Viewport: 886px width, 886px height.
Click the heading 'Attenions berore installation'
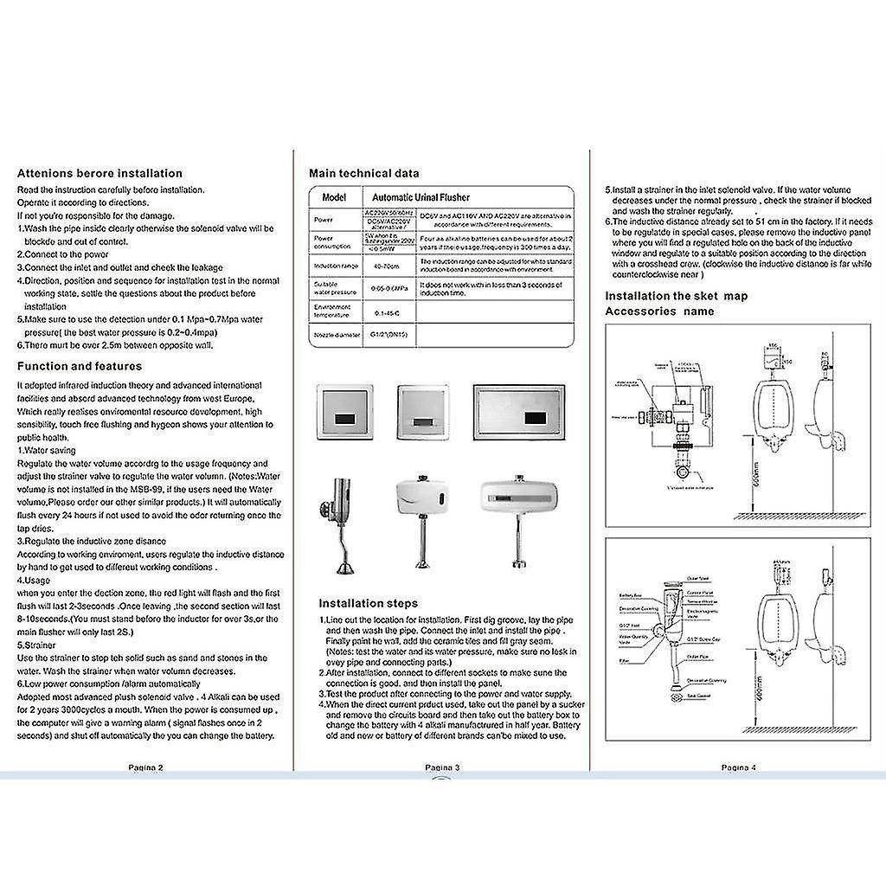[100, 173]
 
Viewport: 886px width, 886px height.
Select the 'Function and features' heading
[80, 366]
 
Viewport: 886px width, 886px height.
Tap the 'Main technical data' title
[364, 173]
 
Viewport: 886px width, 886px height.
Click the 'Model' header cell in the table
[333, 197]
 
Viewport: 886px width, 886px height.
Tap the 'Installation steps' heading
[368, 603]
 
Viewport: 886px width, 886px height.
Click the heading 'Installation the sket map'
[676, 296]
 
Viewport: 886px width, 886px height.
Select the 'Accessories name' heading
[659, 311]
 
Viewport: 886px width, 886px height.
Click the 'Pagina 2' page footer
[145, 767]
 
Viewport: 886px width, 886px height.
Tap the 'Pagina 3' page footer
[441, 767]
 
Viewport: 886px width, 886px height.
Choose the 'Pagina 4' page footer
[738, 767]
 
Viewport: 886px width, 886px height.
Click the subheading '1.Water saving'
[47, 451]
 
